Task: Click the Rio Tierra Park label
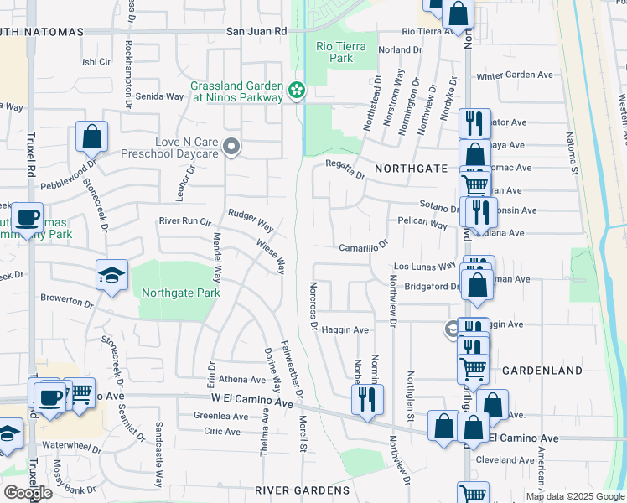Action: [341, 52]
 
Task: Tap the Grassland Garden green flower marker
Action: [295, 89]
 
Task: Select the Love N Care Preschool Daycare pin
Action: [233, 148]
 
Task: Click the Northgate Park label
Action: [180, 293]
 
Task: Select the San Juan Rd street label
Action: [256, 31]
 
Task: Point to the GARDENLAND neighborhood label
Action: [542, 370]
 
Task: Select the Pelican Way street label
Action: [422, 225]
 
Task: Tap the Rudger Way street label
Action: [251, 222]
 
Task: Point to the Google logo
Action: [28, 492]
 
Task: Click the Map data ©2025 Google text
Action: [575, 496]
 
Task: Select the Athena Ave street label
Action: [241, 379]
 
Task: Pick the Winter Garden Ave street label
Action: [516, 75]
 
